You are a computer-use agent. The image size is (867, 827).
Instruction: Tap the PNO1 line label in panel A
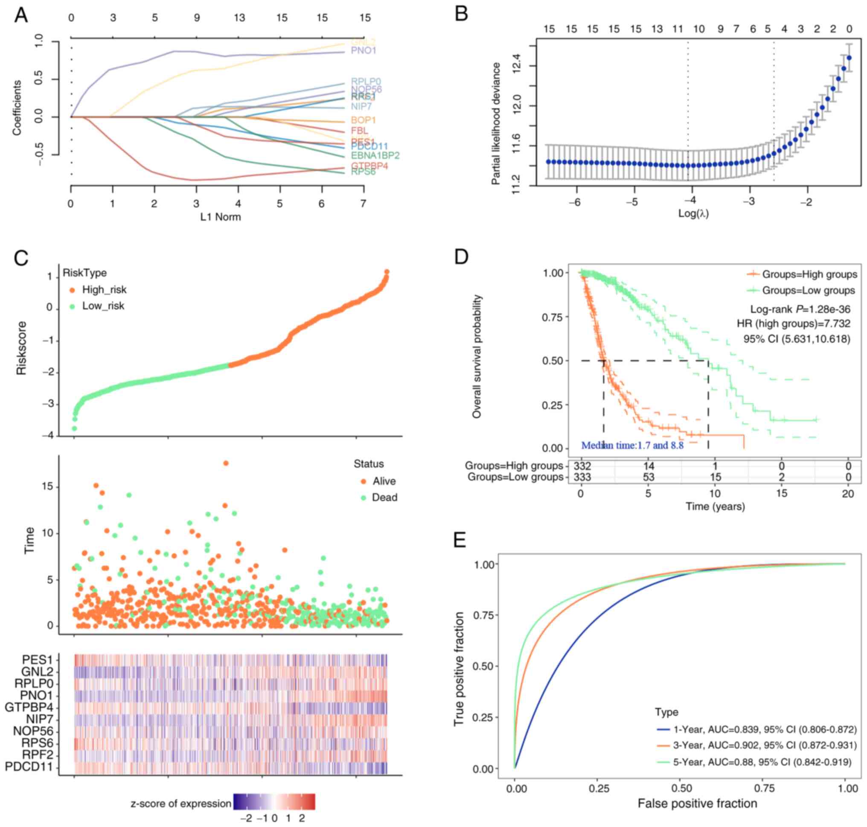(363, 51)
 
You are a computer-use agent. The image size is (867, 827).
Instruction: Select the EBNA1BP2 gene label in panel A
(375, 156)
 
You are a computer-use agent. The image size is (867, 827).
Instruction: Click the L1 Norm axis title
(221, 217)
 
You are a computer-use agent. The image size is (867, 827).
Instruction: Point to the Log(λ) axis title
(693, 214)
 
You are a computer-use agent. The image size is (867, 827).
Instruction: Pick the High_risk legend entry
(104, 290)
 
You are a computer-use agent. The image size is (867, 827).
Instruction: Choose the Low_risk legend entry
(103, 306)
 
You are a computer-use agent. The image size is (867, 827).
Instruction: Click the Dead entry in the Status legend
(384, 497)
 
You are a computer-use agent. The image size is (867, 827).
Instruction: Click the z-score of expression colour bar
(274, 801)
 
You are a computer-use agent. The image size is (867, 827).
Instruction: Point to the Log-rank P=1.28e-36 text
(800, 309)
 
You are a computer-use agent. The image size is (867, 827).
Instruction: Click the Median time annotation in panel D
(632, 445)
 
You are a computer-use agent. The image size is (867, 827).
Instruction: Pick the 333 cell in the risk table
(582, 477)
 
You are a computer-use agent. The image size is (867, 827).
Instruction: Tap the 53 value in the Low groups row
(649, 477)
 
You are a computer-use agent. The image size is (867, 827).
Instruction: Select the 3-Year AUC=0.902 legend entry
(764, 745)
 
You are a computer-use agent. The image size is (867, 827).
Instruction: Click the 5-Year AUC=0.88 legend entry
(762, 762)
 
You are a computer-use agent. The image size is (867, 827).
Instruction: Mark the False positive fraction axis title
(697, 803)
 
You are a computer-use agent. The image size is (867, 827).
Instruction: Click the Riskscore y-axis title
(22, 348)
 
